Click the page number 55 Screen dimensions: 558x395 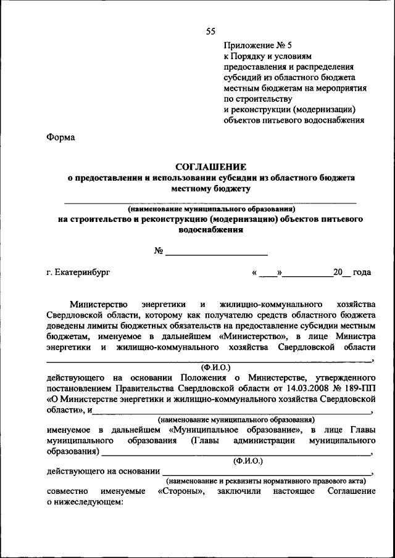(x=210, y=31)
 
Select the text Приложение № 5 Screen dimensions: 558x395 (x=254, y=45)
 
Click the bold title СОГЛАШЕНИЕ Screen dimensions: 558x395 (x=210, y=166)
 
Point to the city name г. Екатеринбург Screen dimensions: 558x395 (x=78, y=272)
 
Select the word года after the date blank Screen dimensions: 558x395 (x=362, y=272)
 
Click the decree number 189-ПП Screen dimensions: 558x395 (x=360, y=388)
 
